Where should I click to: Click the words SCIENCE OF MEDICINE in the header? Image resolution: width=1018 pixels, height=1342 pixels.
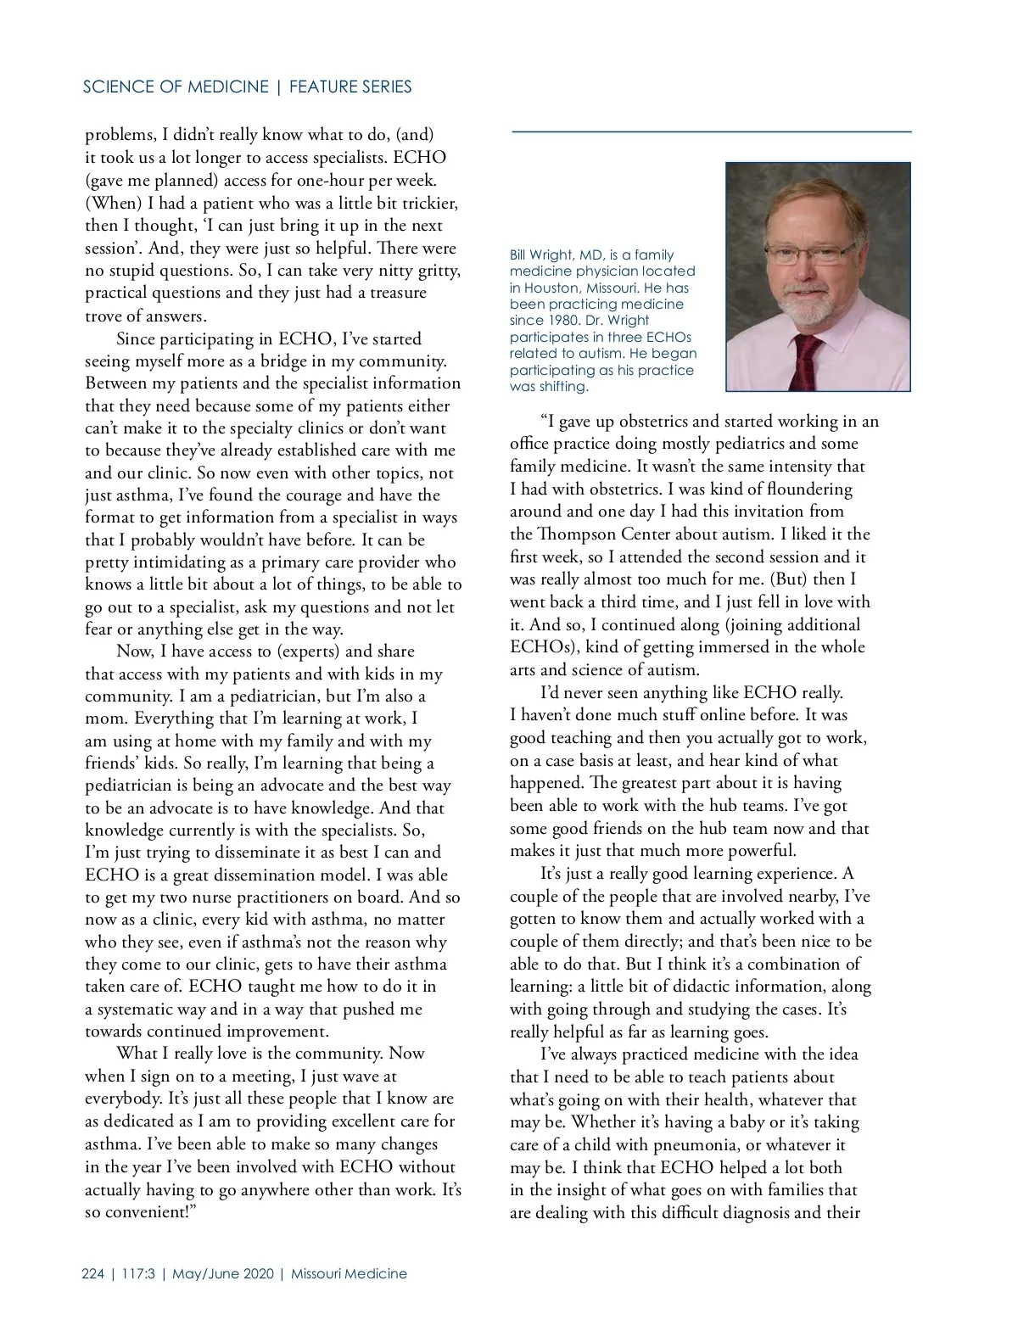point(176,87)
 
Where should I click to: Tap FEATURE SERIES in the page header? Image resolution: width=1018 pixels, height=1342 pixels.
point(350,87)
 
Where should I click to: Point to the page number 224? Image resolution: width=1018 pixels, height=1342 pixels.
point(93,1273)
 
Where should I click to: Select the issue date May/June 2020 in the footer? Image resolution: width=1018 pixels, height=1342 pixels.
point(224,1273)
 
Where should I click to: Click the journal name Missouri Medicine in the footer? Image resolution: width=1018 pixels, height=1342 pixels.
point(349,1273)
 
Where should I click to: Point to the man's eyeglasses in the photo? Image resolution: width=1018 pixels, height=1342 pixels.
point(814,251)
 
